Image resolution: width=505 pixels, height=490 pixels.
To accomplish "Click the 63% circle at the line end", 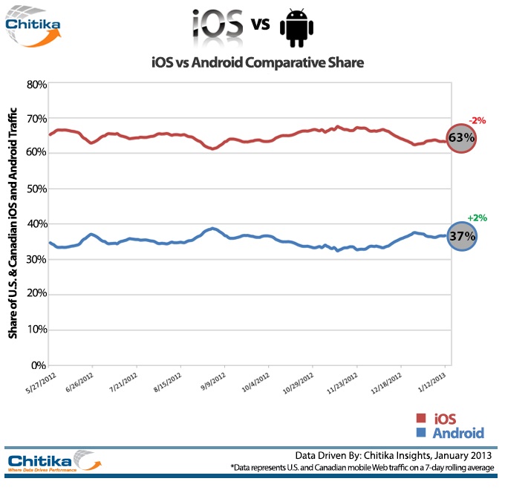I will click(461, 138).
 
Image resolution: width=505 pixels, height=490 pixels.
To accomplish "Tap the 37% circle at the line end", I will click(461, 235).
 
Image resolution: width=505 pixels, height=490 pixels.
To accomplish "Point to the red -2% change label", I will click(476, 120).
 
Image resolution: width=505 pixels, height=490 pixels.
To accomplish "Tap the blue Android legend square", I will click(420, 433).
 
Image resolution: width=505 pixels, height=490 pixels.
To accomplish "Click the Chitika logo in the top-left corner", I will click(33, 27).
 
